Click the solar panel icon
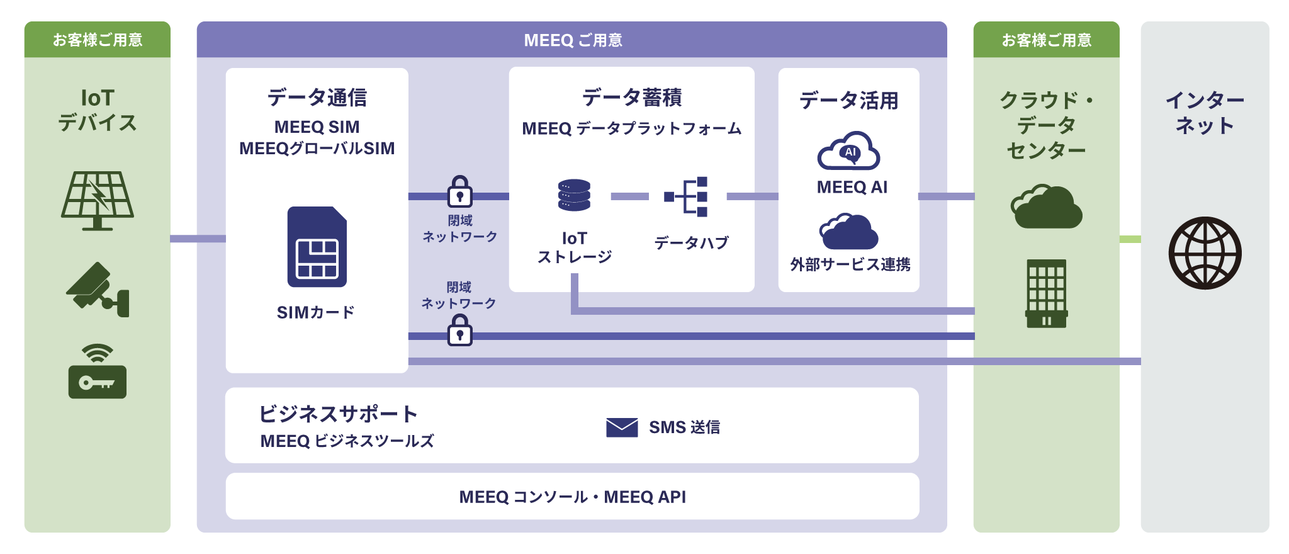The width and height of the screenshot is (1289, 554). click(x=98, y=200)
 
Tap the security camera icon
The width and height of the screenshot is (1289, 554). click(x=98, y=290)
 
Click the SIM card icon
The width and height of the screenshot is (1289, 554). click(x=317, y=247)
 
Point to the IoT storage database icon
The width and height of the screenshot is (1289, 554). click(x=574, y=195)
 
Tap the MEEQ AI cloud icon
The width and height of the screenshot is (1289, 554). click(x=848, y=151)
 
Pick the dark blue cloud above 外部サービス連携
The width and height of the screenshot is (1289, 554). click(x=848, y=232)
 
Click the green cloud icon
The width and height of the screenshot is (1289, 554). click(x=1046, y=206)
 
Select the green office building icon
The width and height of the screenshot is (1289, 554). click(x=1046, y=293)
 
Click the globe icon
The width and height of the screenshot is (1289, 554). click(x=1205, y=253)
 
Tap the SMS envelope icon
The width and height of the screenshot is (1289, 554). click(x=622, y=427)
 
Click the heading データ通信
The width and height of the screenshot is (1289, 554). click(x=317, y=98)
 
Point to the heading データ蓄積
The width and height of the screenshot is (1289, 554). click(x=632, y=98)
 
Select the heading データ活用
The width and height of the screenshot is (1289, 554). click(x=848, y=101)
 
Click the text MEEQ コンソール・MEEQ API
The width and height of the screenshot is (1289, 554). click(x=572, y=497)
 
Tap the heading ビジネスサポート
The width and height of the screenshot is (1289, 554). click(x=338, y=414)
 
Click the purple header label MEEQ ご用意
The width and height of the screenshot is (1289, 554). click(x=572, y=40)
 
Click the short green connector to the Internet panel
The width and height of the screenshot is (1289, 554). click(x=1130, y=239)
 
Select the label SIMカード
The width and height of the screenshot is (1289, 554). click(x=316, y=312)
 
